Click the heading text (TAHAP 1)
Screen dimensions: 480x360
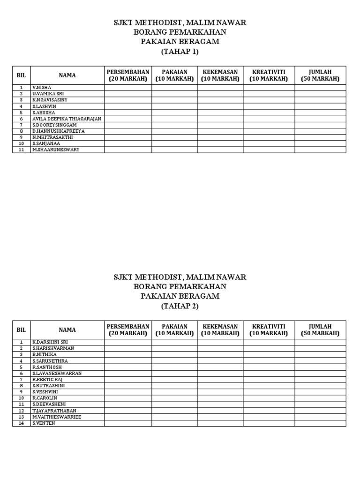(x=180, y=52)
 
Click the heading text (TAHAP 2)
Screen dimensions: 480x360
(x=180, y=306)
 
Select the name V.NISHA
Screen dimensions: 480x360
(x=42, y=88)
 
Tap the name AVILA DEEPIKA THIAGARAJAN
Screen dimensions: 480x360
(x=67, y=119)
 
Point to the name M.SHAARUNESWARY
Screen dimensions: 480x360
(x=56, y=150)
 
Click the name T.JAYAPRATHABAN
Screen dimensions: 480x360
(x=54, y=411)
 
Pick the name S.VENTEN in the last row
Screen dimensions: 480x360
(x=44, y=423)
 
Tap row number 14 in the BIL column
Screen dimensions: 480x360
(x=21, y=423)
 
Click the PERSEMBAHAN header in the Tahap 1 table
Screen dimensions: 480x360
(x=128, y=75)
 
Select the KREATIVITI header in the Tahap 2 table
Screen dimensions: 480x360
(x=269, y=330)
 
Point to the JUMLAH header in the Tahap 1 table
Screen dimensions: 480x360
(x=320, y=75)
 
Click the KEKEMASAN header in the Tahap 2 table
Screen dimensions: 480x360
(x=220, y=330)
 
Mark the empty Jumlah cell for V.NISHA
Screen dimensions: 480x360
(x=320, y=88)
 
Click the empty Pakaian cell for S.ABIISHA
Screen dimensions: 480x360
(x=174, y=112)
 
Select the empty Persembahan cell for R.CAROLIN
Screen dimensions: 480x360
(x=128, y=398)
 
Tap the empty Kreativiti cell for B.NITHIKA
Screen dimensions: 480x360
(x=269, y=355)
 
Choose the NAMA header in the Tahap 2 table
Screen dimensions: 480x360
(x=67, y=330)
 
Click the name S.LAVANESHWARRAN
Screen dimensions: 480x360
(x=57, y=373)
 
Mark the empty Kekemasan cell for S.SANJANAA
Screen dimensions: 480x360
(x=220, y=143)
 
